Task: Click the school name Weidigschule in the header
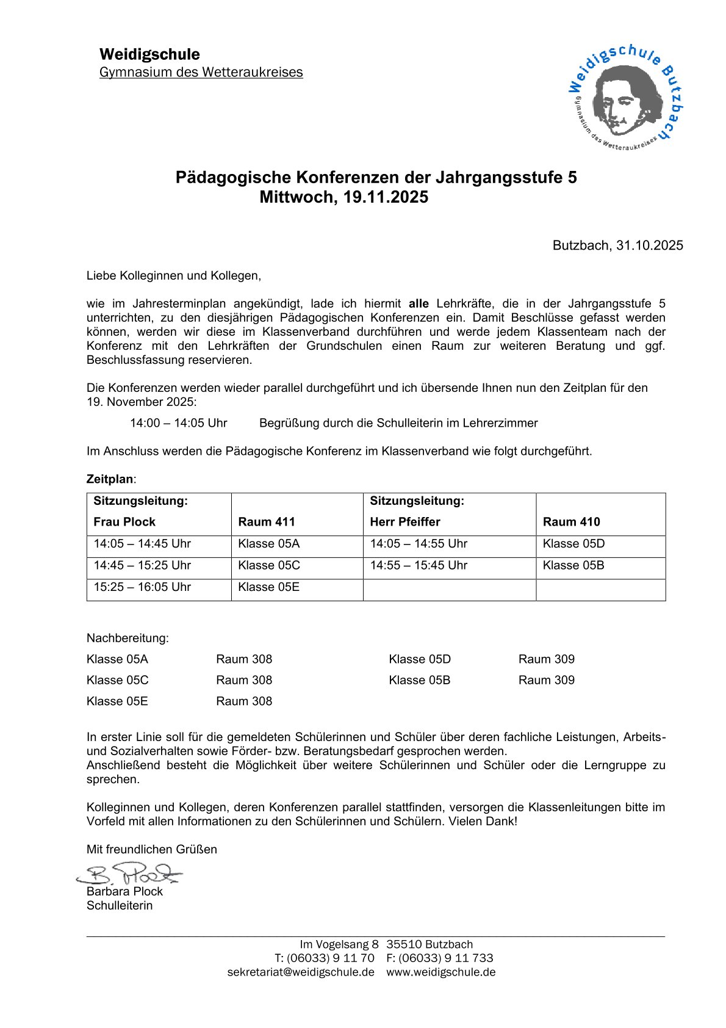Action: (x=149, y=54)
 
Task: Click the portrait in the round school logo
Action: (x=627, y=99)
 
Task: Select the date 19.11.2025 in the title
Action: (x=386, y=197)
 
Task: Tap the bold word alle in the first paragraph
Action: (x=419, y=303)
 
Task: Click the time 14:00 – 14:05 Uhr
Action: (x=178, y=423)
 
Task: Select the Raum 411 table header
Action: (x=267, y=522)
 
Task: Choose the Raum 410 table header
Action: (x=571, y=522)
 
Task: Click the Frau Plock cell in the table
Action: (x=124, y=522)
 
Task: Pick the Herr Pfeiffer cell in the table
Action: (x=405, y=522)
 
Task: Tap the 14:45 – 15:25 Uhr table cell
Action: (x=142, y=565)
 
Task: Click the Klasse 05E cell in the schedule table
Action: (x=268, y=587)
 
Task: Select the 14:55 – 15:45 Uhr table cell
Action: (x=419, y=565)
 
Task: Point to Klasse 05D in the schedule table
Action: (x=573, y=544)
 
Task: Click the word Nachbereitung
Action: (x=128, y=639)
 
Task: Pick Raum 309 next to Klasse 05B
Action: (x=546, y=680)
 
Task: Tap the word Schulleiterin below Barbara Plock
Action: (x=120, y=906)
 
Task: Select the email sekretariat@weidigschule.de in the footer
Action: (x=301, y=972)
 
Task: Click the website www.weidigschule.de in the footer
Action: (x=440, y=972)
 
